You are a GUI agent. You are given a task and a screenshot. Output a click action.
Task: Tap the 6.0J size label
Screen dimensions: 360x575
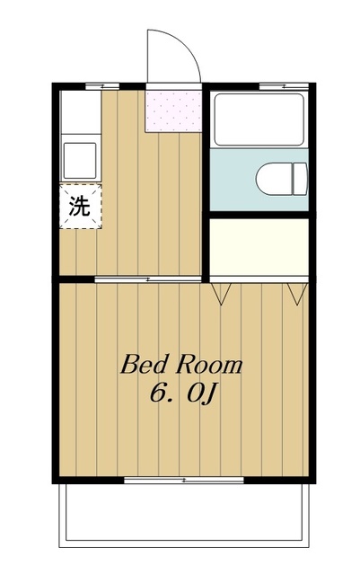(184, 393)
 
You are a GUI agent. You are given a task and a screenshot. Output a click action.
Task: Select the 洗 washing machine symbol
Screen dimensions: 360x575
(80, 207)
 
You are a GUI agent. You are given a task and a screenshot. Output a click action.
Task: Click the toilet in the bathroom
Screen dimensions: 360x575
(282, 179)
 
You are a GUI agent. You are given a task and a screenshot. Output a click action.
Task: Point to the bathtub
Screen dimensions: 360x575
(259, 119)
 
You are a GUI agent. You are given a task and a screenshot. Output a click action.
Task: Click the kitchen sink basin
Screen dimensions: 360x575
(80, 160)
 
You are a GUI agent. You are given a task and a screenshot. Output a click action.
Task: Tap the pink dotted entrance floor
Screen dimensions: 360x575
(173, 111)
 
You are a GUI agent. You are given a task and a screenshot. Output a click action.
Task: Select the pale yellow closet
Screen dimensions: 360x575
(259, 247)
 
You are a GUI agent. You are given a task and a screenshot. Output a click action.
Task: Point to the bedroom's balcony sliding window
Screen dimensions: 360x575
(184, 480)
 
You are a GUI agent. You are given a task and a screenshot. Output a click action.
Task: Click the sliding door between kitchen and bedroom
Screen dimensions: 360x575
(148, 279)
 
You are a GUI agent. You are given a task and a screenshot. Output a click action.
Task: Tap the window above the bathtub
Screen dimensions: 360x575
(284, 87)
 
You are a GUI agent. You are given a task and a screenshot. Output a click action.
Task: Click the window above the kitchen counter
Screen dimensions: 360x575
(102, 87)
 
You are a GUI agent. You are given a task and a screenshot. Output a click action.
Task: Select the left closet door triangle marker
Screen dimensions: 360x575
(221, 294)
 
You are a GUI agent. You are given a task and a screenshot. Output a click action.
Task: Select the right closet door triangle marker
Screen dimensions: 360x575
(297, 294)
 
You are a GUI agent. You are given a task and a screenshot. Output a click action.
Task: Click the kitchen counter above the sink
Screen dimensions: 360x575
(80, 111)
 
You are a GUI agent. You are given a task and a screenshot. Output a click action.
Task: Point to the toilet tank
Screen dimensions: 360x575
(300, 179)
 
